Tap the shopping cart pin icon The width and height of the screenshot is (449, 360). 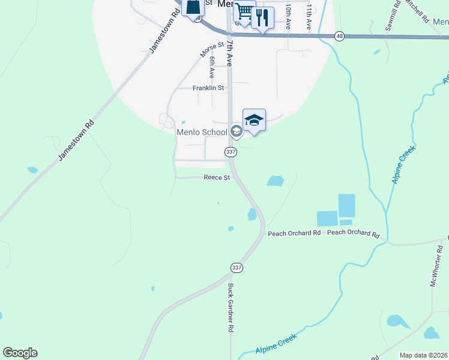click(244, 12)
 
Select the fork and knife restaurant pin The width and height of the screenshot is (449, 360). click(262, 17)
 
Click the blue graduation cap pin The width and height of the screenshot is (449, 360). click(254, 120)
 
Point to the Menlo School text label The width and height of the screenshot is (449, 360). click(202, 132)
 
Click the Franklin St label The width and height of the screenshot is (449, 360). click(208, 88)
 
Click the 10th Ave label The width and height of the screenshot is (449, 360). click(289, 16)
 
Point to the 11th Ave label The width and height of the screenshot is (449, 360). click(309, 17)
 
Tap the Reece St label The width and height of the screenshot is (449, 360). click(217, 178)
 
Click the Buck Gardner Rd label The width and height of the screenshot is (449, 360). click(230, 308)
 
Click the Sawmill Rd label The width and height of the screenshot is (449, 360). click(393, 20)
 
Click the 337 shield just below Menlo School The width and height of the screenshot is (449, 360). click(231, 152)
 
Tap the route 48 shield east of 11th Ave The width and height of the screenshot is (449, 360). click(340, 36)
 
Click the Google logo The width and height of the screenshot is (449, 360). click(20, 353)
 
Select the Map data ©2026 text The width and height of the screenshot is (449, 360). click(424, 355)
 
